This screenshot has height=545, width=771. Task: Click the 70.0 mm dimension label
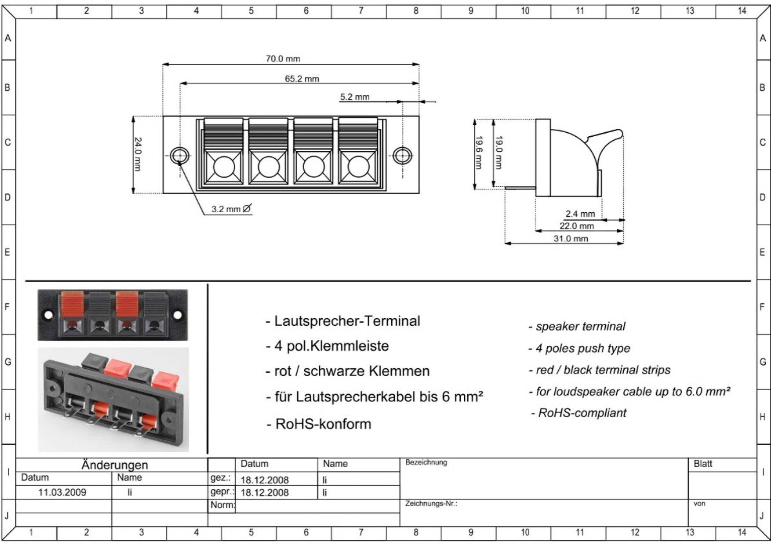[283, 59]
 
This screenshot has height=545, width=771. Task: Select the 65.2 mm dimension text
[302, 79]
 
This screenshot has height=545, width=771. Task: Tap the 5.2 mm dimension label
[355, 97]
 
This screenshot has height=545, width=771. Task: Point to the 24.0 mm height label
[138, 154]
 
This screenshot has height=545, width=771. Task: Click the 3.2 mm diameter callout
[231, 209]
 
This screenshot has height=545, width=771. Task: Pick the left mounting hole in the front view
[179, 156]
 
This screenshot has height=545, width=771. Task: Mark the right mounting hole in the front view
[402, 156]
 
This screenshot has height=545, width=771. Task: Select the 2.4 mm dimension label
[580, 214]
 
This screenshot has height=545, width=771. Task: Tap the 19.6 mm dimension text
[478, 152]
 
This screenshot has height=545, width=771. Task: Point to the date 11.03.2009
[62, 492]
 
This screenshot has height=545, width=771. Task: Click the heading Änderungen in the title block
[115, 465]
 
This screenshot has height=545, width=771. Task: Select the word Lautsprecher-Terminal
[347, 321]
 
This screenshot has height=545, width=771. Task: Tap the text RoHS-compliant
[582, 413]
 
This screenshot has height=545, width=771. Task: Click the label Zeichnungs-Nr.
[431, 504]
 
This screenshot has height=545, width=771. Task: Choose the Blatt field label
[703, 464]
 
